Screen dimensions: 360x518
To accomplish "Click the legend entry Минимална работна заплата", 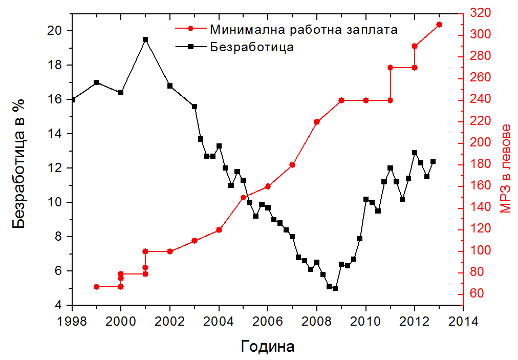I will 304,29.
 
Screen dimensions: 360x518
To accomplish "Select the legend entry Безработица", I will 251,47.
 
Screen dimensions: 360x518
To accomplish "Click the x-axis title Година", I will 268,347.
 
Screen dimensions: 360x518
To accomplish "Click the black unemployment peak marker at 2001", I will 145,39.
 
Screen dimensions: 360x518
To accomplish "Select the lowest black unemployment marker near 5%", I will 335,288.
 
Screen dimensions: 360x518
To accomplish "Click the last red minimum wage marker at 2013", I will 439,25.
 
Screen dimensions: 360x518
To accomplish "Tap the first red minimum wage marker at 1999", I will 96,287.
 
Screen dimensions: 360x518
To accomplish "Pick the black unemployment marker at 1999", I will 96,82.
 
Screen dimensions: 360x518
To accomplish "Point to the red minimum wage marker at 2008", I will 317,122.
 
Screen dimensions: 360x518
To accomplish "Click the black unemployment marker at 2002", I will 170,86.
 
